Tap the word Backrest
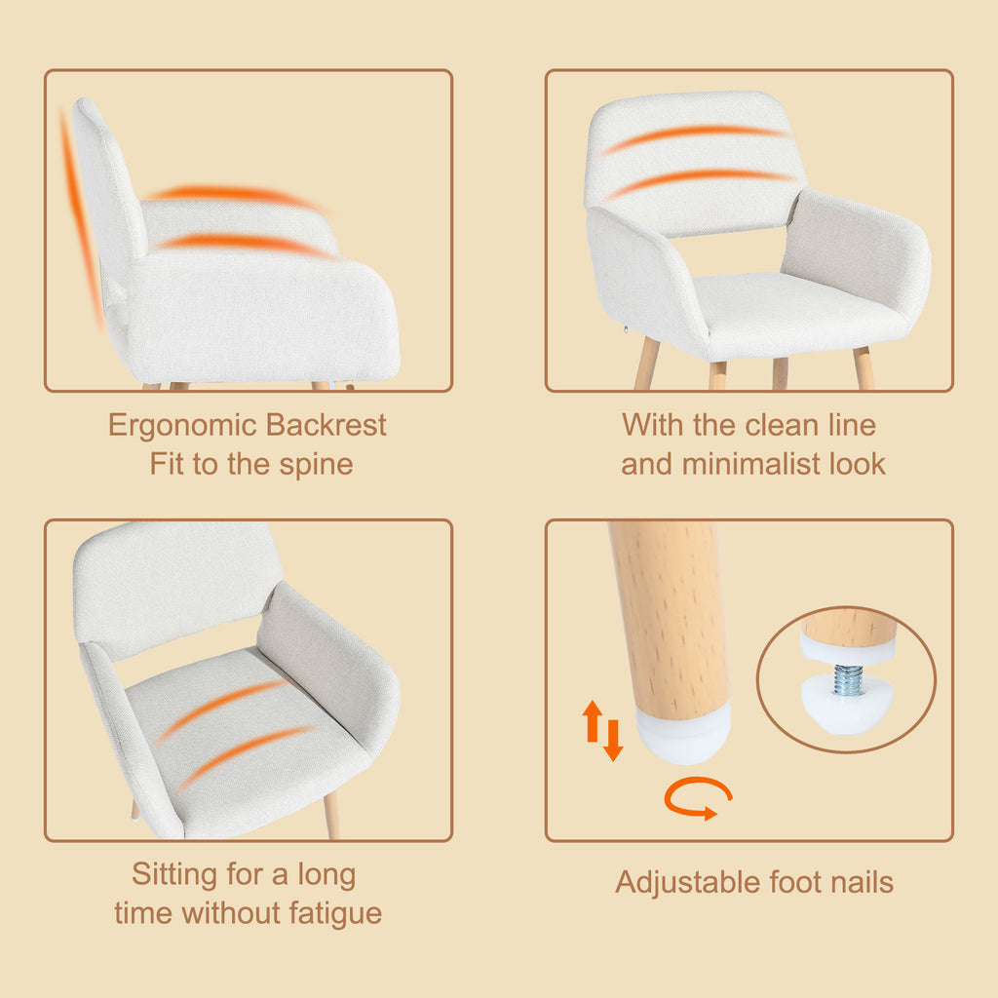pyautogui.click(x=326, y=425)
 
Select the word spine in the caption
pyautogui.click(x=316, y=466)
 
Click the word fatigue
pyautogui.click(x=335, y=914)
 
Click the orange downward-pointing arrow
pyautogui.click(x=613, y=740)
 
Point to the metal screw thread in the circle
pyautogui.click(x=848, y=679)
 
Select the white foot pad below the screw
pyautogui.click(x=846, y=707)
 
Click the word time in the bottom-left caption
pyautogui.click(x=143, y=913)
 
